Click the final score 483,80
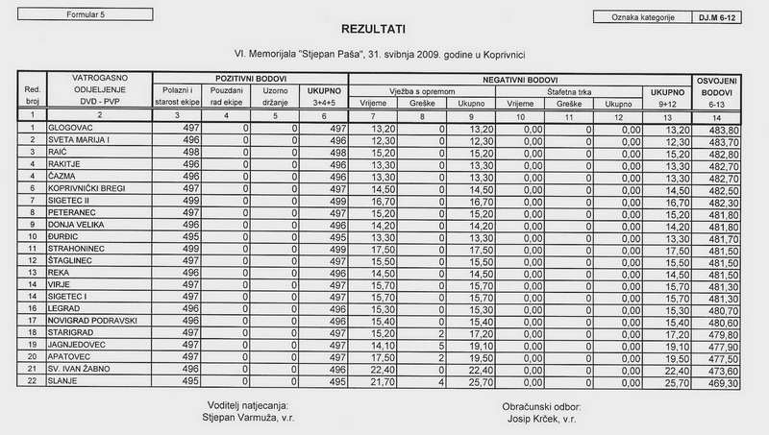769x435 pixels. tap(721, 128)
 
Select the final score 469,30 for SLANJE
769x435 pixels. tap(721, 381)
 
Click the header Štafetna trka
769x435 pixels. tap(569, 89)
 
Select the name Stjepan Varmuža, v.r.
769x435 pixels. tap(247, 418)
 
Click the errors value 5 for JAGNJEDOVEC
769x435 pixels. tap(439, 345)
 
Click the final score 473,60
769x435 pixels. tap(721, 369)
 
